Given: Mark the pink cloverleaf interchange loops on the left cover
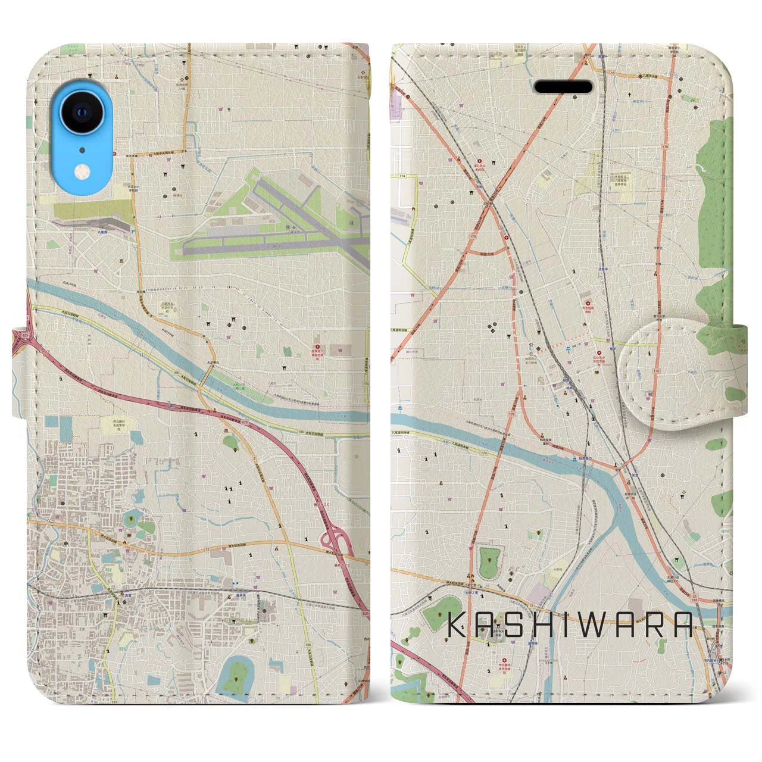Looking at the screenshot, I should [x=331, y=541].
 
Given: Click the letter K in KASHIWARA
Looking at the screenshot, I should [x=455, y=626].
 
